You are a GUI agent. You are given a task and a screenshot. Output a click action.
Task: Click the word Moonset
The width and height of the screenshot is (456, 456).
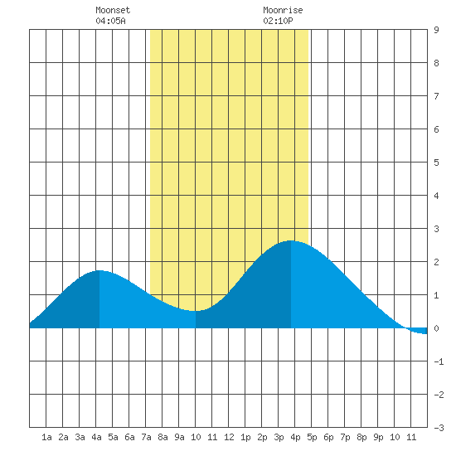point(113,10)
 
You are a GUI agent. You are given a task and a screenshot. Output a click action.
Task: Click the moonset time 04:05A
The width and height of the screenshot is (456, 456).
point(110,21)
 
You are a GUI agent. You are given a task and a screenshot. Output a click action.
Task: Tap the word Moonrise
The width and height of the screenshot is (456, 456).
point(283,10)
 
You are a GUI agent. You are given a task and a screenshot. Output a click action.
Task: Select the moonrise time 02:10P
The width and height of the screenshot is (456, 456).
point(278,21)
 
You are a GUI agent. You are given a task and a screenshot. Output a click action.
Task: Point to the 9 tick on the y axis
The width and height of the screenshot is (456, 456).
point(436,30)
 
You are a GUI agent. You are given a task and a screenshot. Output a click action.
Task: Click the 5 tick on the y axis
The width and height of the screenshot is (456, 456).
point(436,163)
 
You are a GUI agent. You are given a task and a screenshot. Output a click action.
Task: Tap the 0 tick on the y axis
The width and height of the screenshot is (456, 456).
point(436,328)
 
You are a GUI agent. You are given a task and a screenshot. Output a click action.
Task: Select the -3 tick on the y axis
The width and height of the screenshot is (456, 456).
point(439,428)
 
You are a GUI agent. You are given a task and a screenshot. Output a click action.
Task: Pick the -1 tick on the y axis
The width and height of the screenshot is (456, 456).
point(439,361)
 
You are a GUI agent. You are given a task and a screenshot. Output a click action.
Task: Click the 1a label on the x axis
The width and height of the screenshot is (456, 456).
point(46,437)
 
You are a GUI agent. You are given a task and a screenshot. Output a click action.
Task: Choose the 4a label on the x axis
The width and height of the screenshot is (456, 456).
point(96,437)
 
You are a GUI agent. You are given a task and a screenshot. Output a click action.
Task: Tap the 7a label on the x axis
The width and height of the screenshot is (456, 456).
point(146,437)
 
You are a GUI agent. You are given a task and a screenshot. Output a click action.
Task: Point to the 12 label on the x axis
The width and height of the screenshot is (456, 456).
point(229,437)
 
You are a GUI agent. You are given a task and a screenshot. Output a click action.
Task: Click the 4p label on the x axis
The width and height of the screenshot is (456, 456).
point(295,437)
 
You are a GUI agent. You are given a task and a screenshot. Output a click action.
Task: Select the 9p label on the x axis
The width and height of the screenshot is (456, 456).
point(378,437)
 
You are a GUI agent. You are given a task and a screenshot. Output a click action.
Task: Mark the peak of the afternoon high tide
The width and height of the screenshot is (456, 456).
point(291,240)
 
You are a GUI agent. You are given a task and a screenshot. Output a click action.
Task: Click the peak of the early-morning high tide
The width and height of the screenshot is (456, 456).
point(99,271)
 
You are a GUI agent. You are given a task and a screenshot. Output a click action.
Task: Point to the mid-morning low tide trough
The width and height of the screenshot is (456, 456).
point(196,311)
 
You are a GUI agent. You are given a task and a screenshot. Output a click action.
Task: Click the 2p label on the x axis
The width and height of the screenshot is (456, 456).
point(262,437)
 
